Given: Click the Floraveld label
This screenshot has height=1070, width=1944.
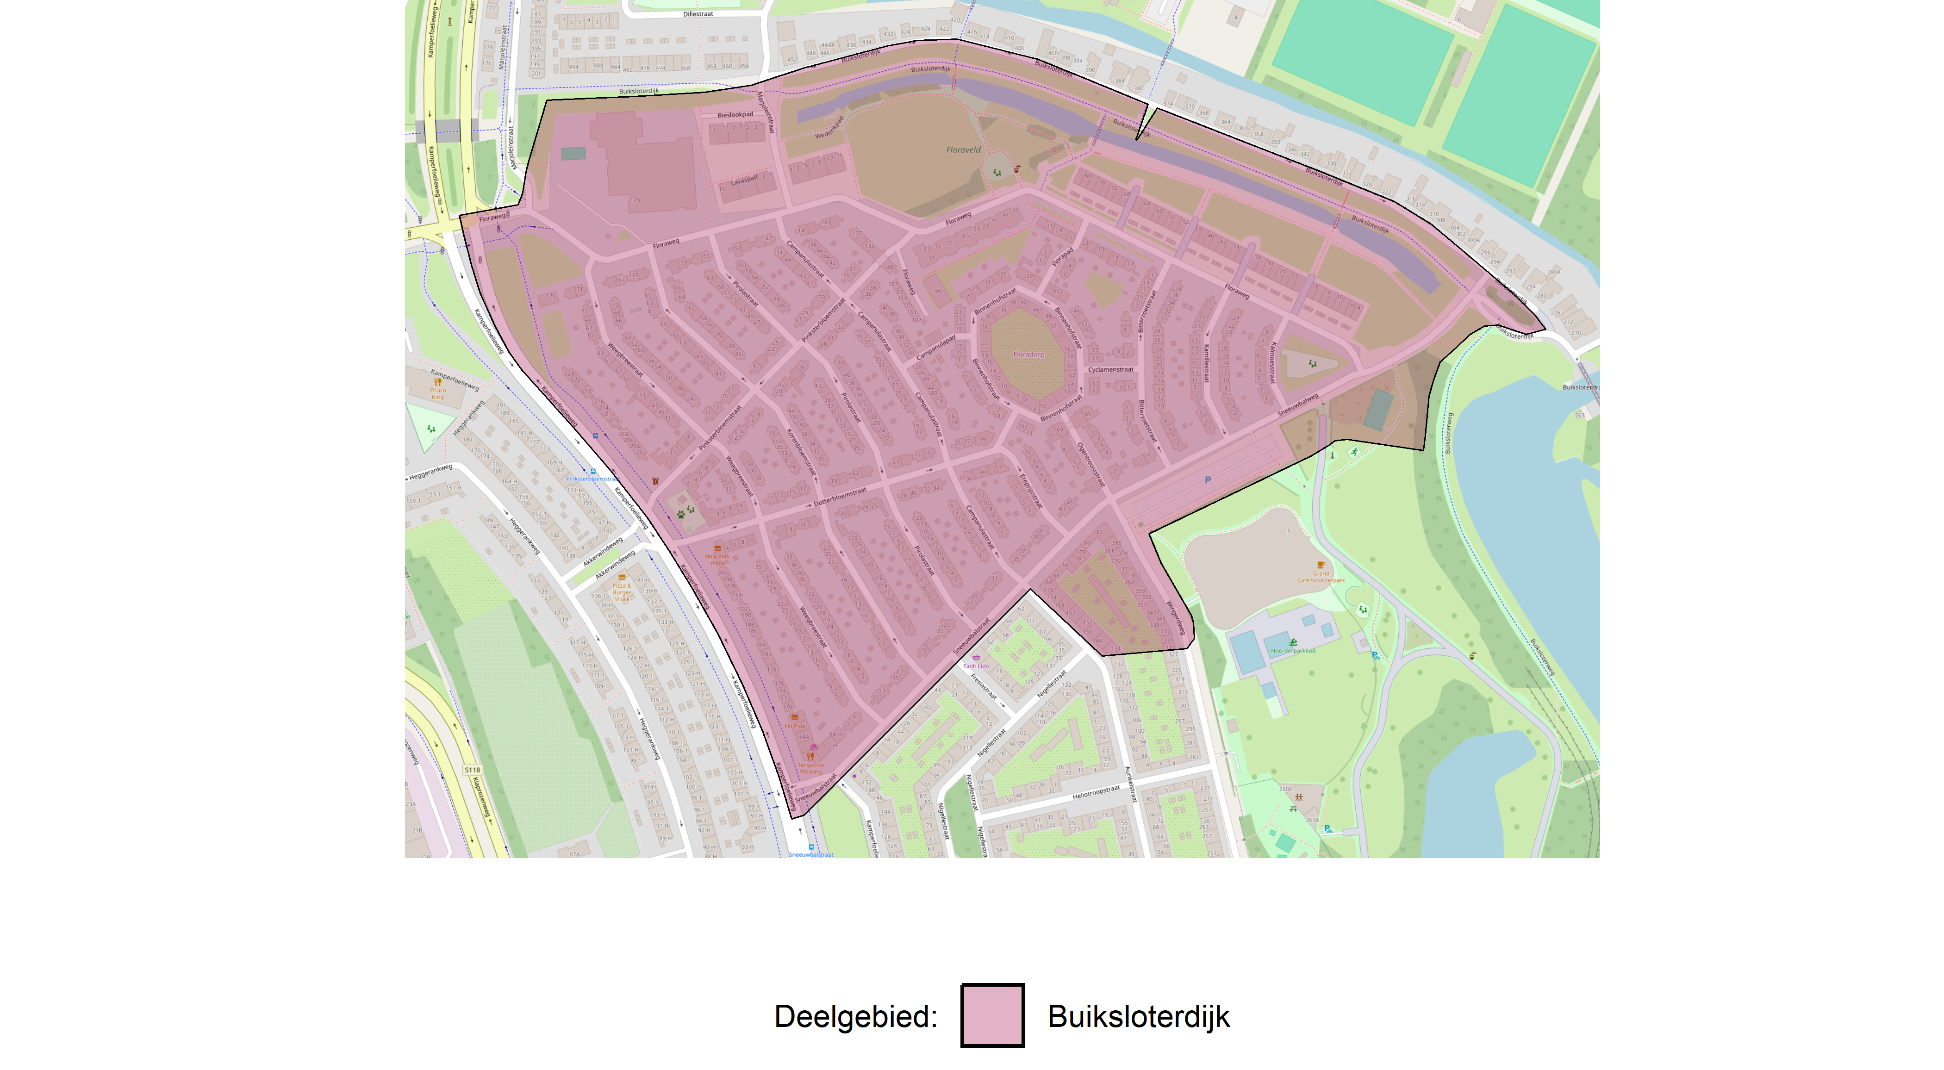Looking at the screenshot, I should pyautogui.click(x=963, y=150).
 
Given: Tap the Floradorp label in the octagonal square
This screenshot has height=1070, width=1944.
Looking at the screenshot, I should pyautogui.click(x=1028, y=355).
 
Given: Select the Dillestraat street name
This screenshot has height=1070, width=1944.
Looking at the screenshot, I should pyautogui.click(x=698, y=13).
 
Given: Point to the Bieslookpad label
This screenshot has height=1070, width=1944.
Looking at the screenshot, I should pyautogui.click(x=735, y=115).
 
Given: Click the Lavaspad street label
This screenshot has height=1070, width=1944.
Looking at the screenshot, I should pyautogui.click(x=744, y=180).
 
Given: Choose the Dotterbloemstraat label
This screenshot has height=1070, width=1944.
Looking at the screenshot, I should pyautogui.click(x=840, y=497).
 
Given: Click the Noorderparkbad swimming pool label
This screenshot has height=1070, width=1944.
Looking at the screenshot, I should pyautogui.click(x=1293, y=650).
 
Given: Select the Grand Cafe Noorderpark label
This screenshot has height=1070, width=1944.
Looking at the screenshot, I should pyautogui.click(x=1321, y=577).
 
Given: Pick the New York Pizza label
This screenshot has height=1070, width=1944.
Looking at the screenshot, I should pyautogui.click(x=717, y=559).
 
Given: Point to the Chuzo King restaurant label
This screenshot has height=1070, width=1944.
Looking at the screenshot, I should pyautogui.click(x=438, y=393).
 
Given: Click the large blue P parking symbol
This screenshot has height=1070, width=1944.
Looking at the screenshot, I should pyautogui.click(x=1208, y=480).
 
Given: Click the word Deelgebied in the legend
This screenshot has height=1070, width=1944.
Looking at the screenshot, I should pyautogui.click(x=855, y=1016).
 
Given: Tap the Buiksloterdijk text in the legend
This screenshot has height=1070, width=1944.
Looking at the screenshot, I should pyautogui.click(x=1138, y=1016).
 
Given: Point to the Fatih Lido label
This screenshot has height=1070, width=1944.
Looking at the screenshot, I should pyautogui.click(x=975, y=666).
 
